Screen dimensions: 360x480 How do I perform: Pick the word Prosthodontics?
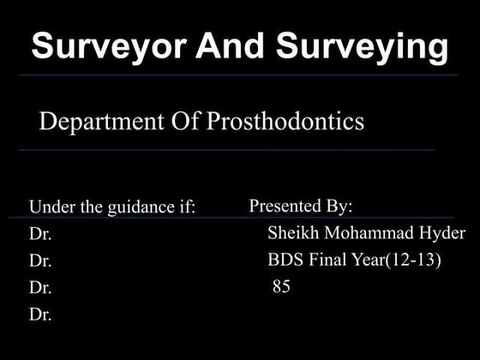(x=285, y=122)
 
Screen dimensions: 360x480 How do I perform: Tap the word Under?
(x=49, y=207)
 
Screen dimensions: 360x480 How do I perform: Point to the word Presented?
(x=285, y=207)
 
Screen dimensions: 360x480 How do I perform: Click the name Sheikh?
(x=293, y=233)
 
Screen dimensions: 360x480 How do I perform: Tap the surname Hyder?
(x=443, y=234)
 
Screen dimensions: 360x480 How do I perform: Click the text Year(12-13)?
(x=399, y=261)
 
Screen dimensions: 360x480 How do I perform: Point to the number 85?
(x=281, y=287)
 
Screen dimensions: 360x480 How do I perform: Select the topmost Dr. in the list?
(x=40, y=234)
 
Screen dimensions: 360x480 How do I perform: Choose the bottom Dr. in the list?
(x=40, y=315)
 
